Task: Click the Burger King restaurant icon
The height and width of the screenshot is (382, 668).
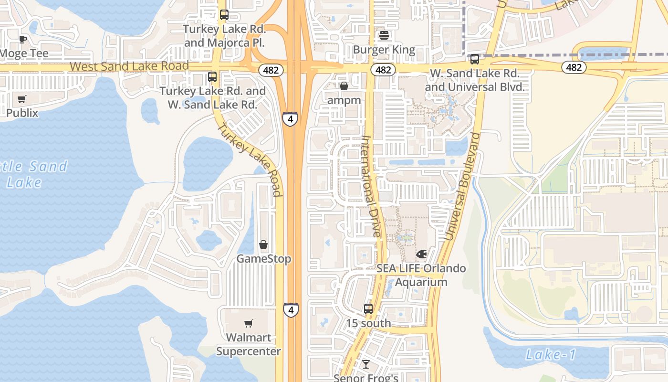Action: [384, 35]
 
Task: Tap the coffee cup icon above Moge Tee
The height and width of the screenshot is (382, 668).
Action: [22, 39]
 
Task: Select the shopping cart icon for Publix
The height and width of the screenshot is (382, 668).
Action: [22, 99]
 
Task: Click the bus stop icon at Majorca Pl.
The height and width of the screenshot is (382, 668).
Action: [224, 15]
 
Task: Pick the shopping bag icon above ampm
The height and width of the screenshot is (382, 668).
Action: [344, 86]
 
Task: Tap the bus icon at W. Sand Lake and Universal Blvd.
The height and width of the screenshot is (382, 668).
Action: [474, 59]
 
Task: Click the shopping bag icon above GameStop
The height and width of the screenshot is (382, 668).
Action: [263, 245]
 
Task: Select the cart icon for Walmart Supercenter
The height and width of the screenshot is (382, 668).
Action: [248, 324]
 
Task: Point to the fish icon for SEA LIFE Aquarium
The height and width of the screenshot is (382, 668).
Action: [421, 254]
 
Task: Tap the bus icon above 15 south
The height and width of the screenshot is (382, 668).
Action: [368, 309]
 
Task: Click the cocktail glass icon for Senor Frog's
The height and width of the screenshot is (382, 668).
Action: [366, 365]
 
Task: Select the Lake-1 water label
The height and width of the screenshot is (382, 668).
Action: [551, 355]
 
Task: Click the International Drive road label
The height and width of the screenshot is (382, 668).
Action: [371, 186]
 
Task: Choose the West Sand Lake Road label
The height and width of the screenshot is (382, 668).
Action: [129, 66]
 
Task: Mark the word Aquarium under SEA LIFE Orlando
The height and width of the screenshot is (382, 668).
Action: [421, 282]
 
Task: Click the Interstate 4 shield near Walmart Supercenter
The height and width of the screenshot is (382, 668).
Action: [291, 310]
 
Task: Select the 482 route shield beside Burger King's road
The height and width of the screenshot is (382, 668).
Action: [383, 70]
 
